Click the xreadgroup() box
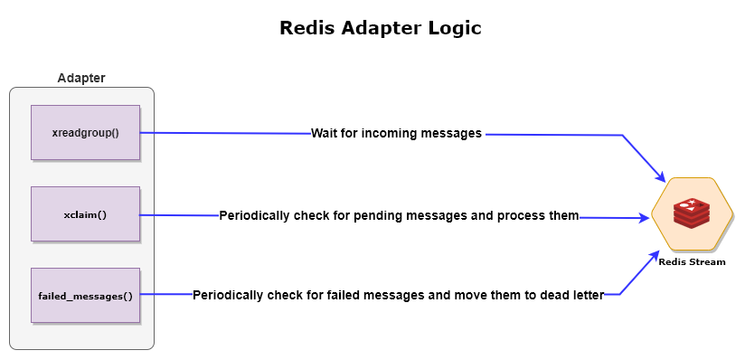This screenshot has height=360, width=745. click(x=86, y=133)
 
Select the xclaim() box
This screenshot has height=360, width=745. click(x=86, y=214)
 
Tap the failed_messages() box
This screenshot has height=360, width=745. click(x=86, y=295)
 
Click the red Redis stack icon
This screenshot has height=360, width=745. click(x=692, y=213)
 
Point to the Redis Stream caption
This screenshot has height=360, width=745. click(x=692, y=262)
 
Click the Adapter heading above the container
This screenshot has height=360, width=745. click(x=81, y=78)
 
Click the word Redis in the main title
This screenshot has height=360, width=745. click(x=307, y=28)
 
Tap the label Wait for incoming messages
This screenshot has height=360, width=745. click(x=396, y=133)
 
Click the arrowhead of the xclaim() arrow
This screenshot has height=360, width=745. click(x=645, y=218)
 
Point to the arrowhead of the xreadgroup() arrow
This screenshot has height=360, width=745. click(x=661, y=176)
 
